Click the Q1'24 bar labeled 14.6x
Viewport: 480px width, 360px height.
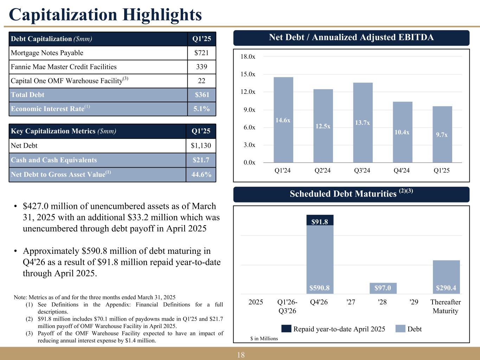coord(283,120)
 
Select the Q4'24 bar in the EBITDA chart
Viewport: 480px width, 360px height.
coord(402,132)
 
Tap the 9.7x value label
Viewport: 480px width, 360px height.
coord(442,135)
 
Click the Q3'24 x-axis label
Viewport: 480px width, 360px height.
coord(362,171)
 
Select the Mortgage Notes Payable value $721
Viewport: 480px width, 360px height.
coord(201,53)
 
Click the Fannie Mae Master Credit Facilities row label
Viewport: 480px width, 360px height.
coord(64,67)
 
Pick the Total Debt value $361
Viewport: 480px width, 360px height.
coord(202,95)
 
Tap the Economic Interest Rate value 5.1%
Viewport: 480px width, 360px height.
coord(201,109)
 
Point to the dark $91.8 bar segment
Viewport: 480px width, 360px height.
coord(320,220)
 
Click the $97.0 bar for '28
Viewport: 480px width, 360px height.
coord(383,288)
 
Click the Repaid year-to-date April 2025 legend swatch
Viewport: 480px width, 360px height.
coord(286,329)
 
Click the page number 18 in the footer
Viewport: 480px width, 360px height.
coord(241,355)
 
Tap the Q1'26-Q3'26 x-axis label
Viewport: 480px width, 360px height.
coord(287,306)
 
